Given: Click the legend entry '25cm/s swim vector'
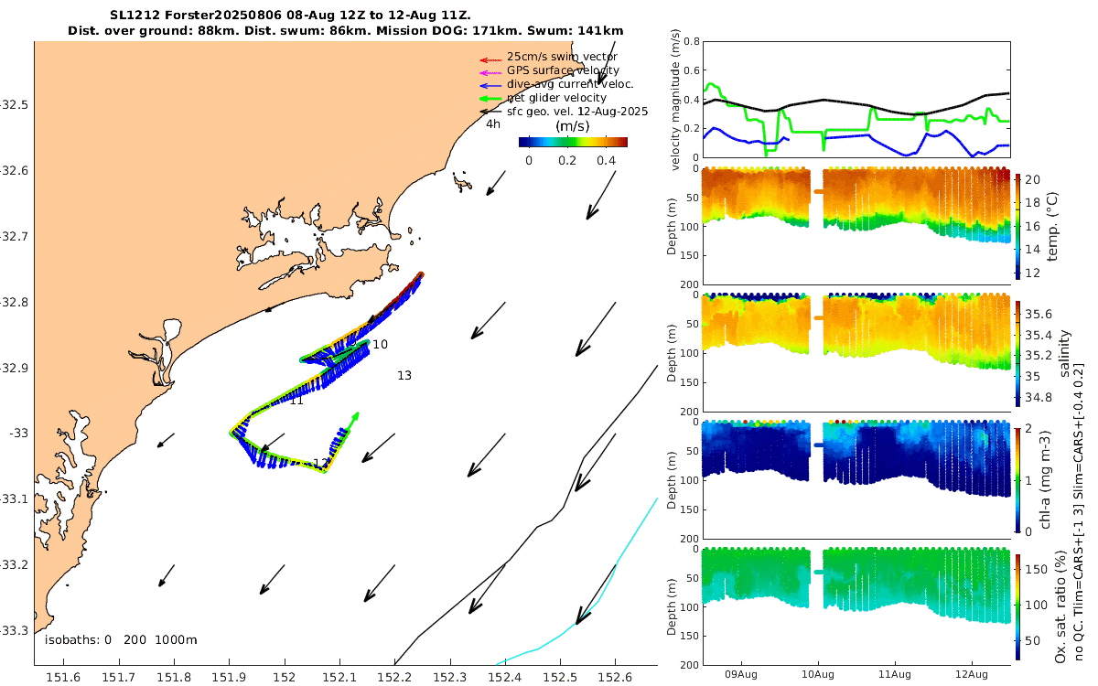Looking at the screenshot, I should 562,57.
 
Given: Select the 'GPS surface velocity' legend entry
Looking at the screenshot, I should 563,70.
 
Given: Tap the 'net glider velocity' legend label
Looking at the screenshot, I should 556,98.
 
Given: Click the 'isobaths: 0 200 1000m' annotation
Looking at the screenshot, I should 121,639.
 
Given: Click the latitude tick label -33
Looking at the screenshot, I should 16,433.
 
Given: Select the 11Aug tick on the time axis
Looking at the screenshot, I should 894,675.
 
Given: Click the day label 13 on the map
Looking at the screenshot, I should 404,375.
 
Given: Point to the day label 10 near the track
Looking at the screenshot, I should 381,344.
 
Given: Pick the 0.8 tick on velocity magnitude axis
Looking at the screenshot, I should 692,41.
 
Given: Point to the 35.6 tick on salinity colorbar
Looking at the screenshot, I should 1039,314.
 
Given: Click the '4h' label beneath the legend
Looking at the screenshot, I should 493,123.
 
